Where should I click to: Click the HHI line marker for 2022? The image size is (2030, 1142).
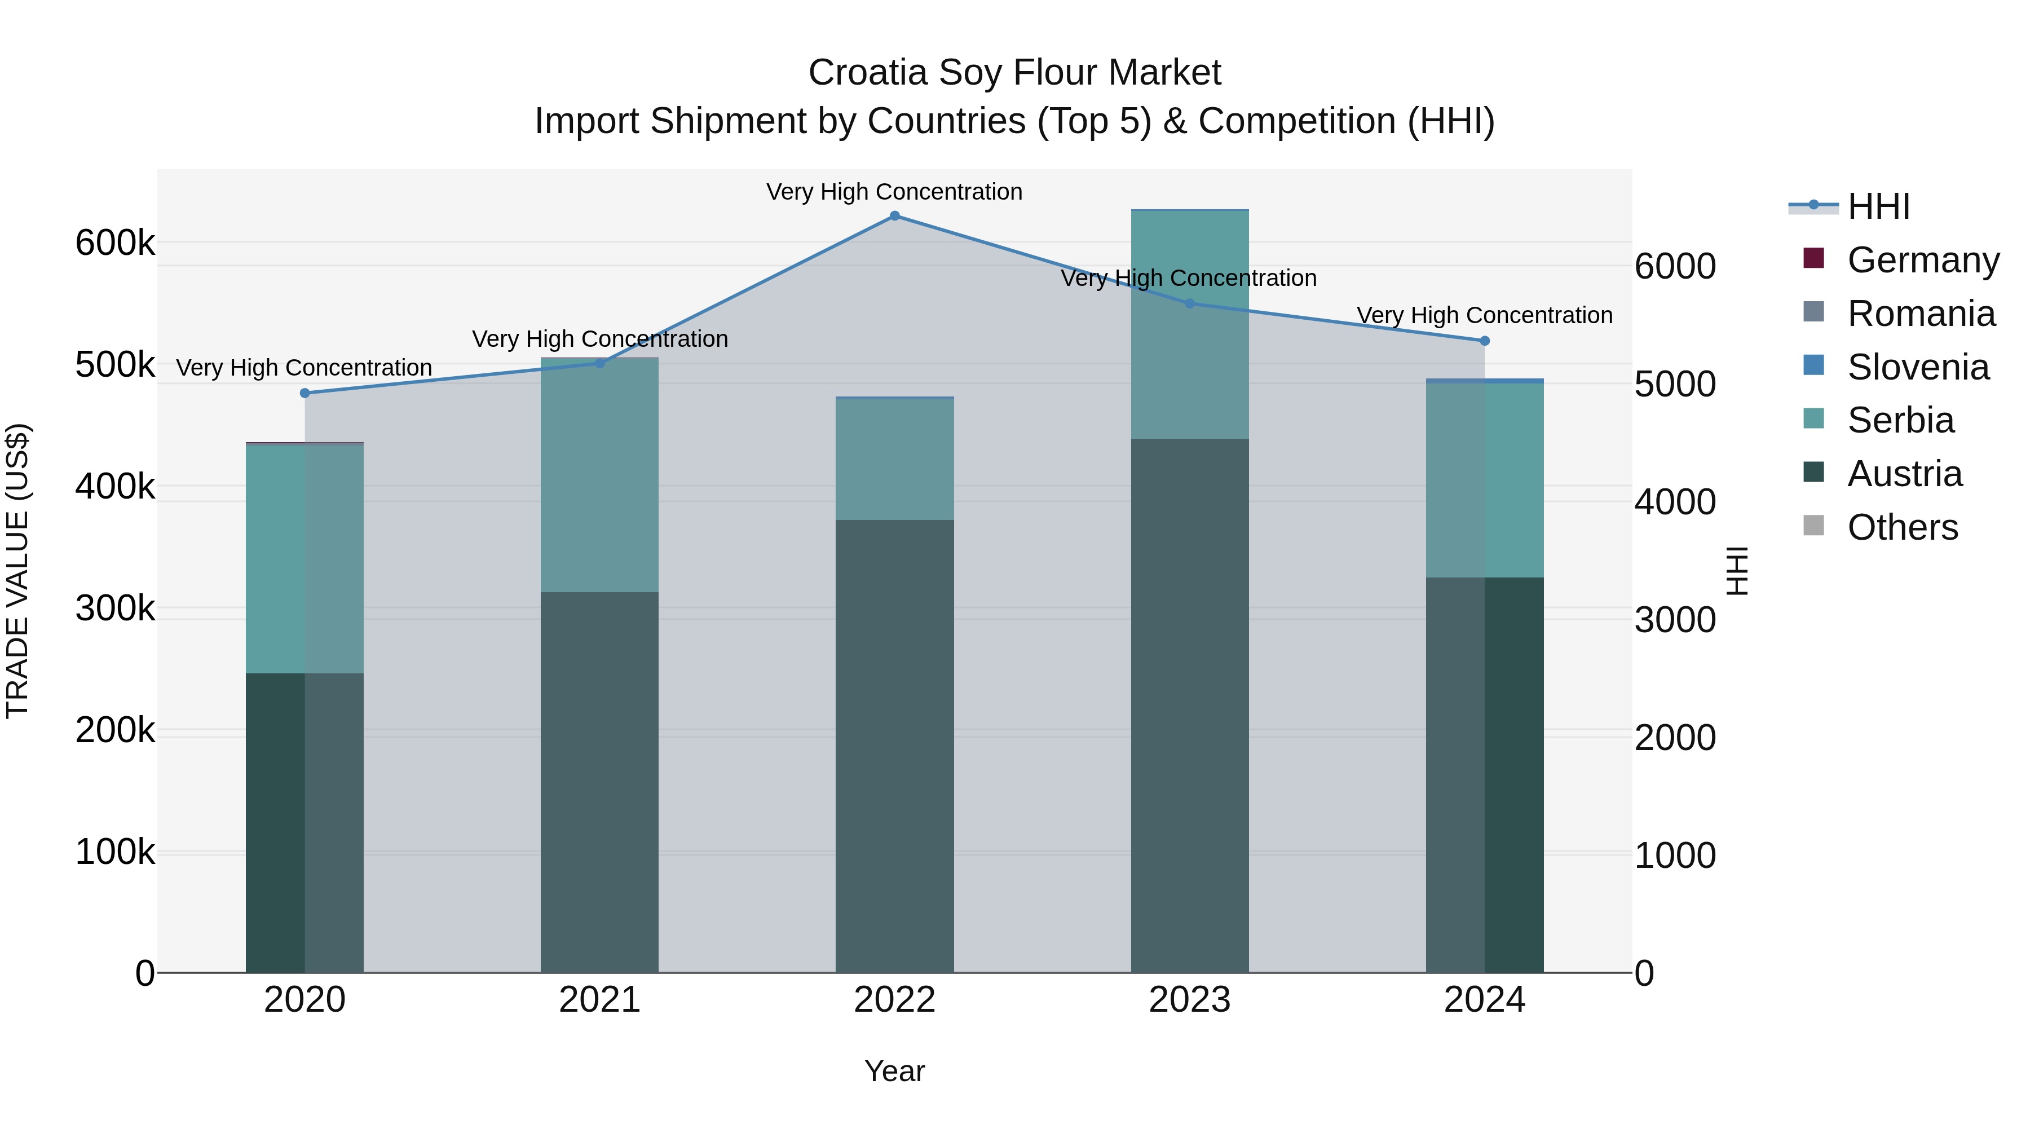(894, 216)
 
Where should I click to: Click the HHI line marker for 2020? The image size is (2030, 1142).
(305, 393)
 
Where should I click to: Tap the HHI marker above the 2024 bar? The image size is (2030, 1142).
(1485, 341)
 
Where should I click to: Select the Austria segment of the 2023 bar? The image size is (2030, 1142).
(1190, 706)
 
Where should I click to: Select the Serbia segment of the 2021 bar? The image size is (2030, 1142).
(600, 475)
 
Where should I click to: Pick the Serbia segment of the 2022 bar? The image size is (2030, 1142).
(894, 460)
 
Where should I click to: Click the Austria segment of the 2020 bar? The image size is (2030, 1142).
(305, 822)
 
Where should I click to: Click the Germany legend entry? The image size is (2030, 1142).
(1923, 260)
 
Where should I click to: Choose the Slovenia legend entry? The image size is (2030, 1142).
(1917, 367)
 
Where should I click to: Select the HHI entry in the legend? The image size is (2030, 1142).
(1878, 206)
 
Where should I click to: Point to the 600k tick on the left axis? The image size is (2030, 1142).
(115, 242)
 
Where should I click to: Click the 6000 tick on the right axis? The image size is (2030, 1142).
(1675, 266)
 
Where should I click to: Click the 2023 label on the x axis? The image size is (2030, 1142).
(1189, 1000)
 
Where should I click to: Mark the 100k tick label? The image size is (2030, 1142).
(115, 853)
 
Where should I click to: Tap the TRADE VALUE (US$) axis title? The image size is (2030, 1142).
(17, 571)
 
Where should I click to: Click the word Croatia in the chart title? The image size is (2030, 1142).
(868, 73)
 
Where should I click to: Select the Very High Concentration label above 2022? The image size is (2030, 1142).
(894, 192)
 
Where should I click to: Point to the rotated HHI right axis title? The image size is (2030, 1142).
(1737, 571)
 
